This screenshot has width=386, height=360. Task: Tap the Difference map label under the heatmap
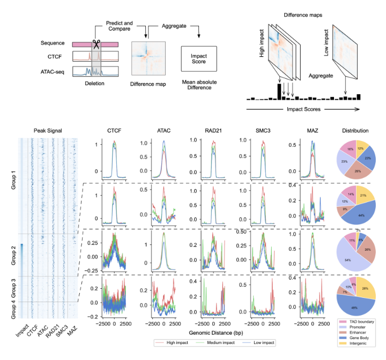[x=147, y=84]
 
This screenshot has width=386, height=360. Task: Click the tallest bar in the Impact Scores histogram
[x=279, y=91]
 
